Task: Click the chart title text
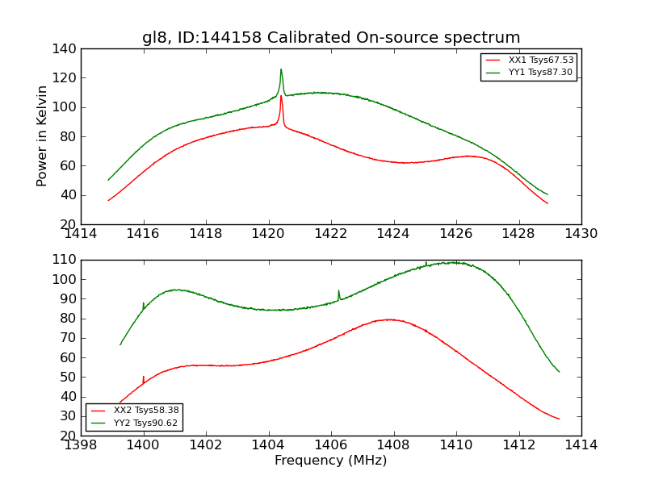coord(331,38)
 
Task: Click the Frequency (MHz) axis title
coord(331,461)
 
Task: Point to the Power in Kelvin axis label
coord(42,136)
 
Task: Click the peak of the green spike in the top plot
coord(281,69)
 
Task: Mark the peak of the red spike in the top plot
coord(281,96)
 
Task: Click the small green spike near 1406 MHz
coord(338,290)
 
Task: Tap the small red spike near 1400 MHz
coord(143,377)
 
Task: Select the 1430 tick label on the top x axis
coord(581,234)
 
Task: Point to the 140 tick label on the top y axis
coord(67,49)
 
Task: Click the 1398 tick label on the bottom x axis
coord(81,445)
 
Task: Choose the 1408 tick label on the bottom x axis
coord(393,445)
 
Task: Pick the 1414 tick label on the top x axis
coord(81,234)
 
